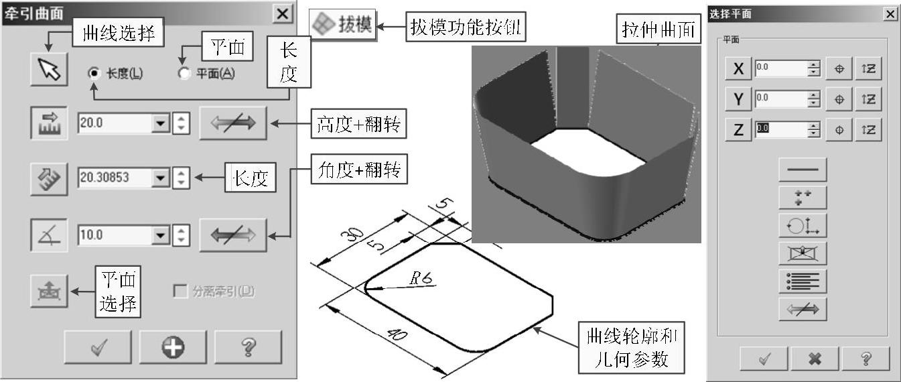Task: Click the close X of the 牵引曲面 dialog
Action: click(283, 14)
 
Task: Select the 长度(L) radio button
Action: click(95, 73)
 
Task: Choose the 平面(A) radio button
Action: click(184, 73)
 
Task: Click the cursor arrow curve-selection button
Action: click(49, 70)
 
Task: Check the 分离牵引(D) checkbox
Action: click(180, 292)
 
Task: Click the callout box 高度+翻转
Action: click(359, 125)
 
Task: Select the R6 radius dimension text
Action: click(420, 279)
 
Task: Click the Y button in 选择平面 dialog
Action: click(739, 99)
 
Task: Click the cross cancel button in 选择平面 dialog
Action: click(815, 359)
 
